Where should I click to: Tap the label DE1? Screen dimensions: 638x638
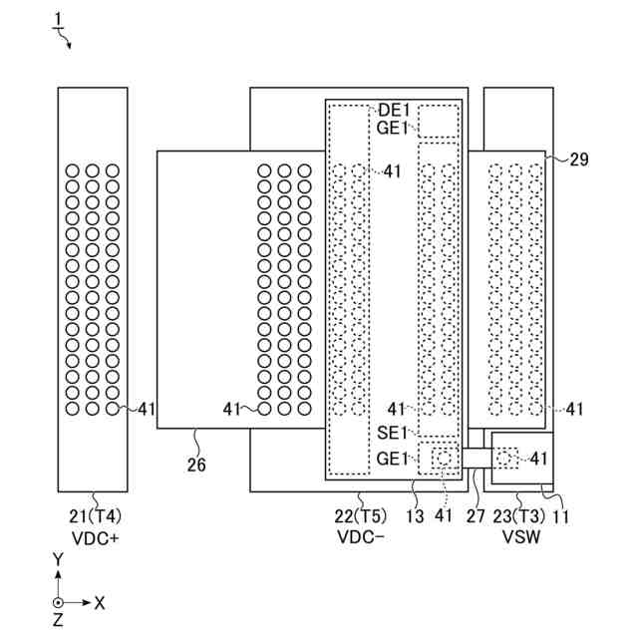pos(394,110)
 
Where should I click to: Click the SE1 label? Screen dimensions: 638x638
pos(393,432)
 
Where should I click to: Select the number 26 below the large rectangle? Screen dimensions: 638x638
pos(195,464)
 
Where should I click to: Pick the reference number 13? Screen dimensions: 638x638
pos(415,516)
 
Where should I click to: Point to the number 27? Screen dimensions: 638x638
pos(478,516)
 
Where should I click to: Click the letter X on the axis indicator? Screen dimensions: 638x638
pos(100,602)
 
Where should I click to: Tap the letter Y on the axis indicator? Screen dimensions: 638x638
pos(58,559)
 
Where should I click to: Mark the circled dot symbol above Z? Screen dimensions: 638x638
pos(59,602)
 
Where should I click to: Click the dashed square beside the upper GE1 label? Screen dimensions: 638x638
pos(436,121)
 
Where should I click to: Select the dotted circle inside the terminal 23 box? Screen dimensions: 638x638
pos(512,458)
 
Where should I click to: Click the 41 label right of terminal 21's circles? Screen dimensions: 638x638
pos(147,408)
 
